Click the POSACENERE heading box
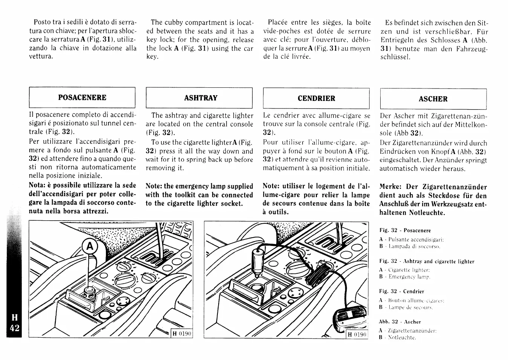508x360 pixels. pyautogui.click(x=82, y=98)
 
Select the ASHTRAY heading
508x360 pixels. pyautogui.click(x=200, y=98)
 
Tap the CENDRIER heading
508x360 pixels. pyautogui.click(x=316, y=98)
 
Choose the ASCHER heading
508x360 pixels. pyautogui.click(x=433, y=99)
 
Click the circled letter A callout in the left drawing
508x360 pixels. pyautogui.click(x=89, y=246)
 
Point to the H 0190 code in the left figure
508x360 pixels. pyautogui.click(x=182, y=334)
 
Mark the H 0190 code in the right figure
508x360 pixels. pyautogui.click(x=357, y=334)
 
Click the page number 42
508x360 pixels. pyautogui.click(x=15, y=328)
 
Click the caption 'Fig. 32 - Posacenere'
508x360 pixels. pyautogui.click(x=405, y=230)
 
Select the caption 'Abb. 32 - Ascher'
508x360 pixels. pyautogui.click(x=400, y=322)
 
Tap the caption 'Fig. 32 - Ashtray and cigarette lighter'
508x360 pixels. pyautogui.click(x=427, y=261)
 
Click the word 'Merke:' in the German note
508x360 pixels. pyautogui.click(x=392, y=187)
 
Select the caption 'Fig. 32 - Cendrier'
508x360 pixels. pyautogui.click(x=402, y=291)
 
